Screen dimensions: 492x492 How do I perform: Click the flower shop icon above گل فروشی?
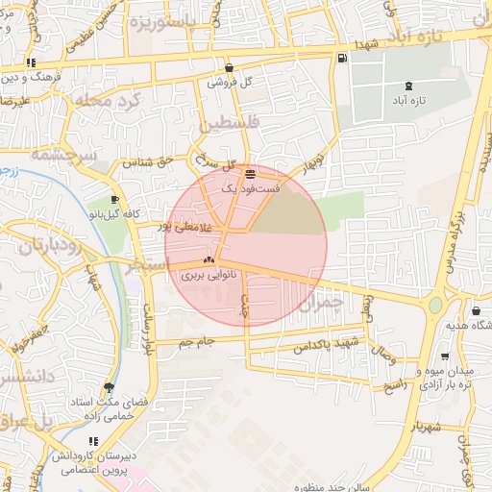(x=230, y=68)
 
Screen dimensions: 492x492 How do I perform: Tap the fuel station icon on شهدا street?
(x=342, y=60)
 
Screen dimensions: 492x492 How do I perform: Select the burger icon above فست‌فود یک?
(x=251, y=174)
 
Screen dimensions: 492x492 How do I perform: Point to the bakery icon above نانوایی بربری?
(x=209, y=259)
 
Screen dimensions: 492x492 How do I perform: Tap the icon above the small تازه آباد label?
(x=408, y=85)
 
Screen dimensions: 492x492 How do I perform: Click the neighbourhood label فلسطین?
(x=229, y=124)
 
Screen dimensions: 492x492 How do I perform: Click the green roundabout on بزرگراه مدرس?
(x=435, y=306)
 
